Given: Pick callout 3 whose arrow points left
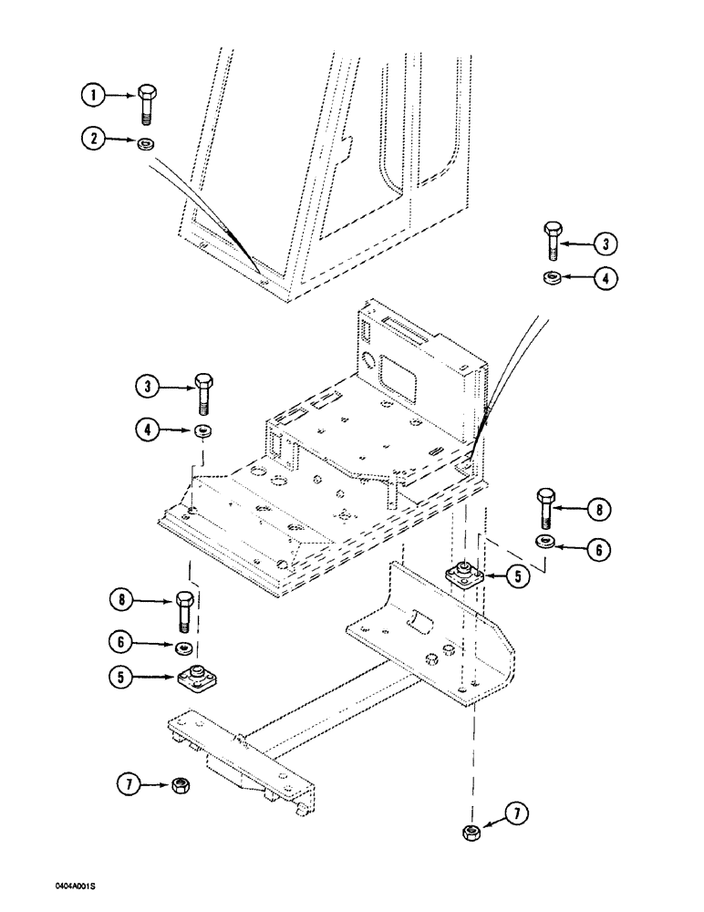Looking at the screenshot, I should coord(605,244).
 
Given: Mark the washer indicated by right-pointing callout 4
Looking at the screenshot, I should coord(202,430).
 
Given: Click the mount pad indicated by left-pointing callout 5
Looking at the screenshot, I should coord(465,575).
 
